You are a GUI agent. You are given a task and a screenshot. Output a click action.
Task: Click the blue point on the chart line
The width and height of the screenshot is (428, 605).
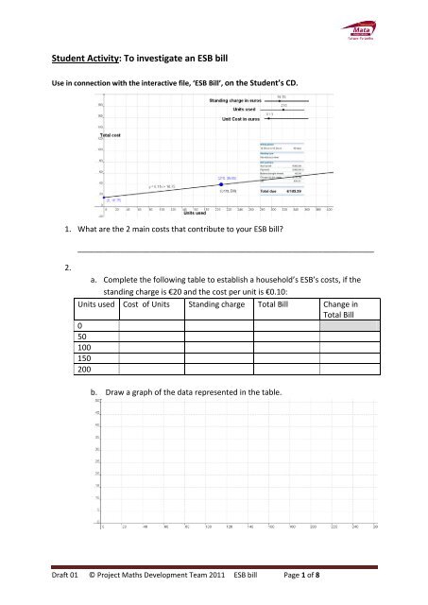[220, 184]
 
